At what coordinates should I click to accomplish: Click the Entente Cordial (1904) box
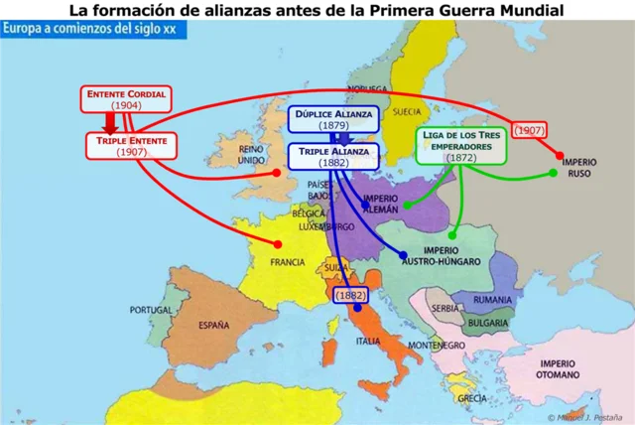coord(126,98)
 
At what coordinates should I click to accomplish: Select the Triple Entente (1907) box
coord(132,146)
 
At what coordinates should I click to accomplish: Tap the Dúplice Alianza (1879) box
coord(333,120)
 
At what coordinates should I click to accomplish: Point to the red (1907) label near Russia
coord(531,130)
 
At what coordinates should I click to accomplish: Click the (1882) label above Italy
coord(350,295)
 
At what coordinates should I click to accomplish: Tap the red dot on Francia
coord(279,244)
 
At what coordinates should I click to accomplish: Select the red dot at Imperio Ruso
coord(561,157)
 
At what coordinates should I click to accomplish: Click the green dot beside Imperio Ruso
coord(553,174)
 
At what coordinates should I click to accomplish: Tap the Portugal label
coord(152,309)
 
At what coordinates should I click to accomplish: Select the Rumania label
coord(492,300)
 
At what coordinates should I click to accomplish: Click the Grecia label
coord(472,397)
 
